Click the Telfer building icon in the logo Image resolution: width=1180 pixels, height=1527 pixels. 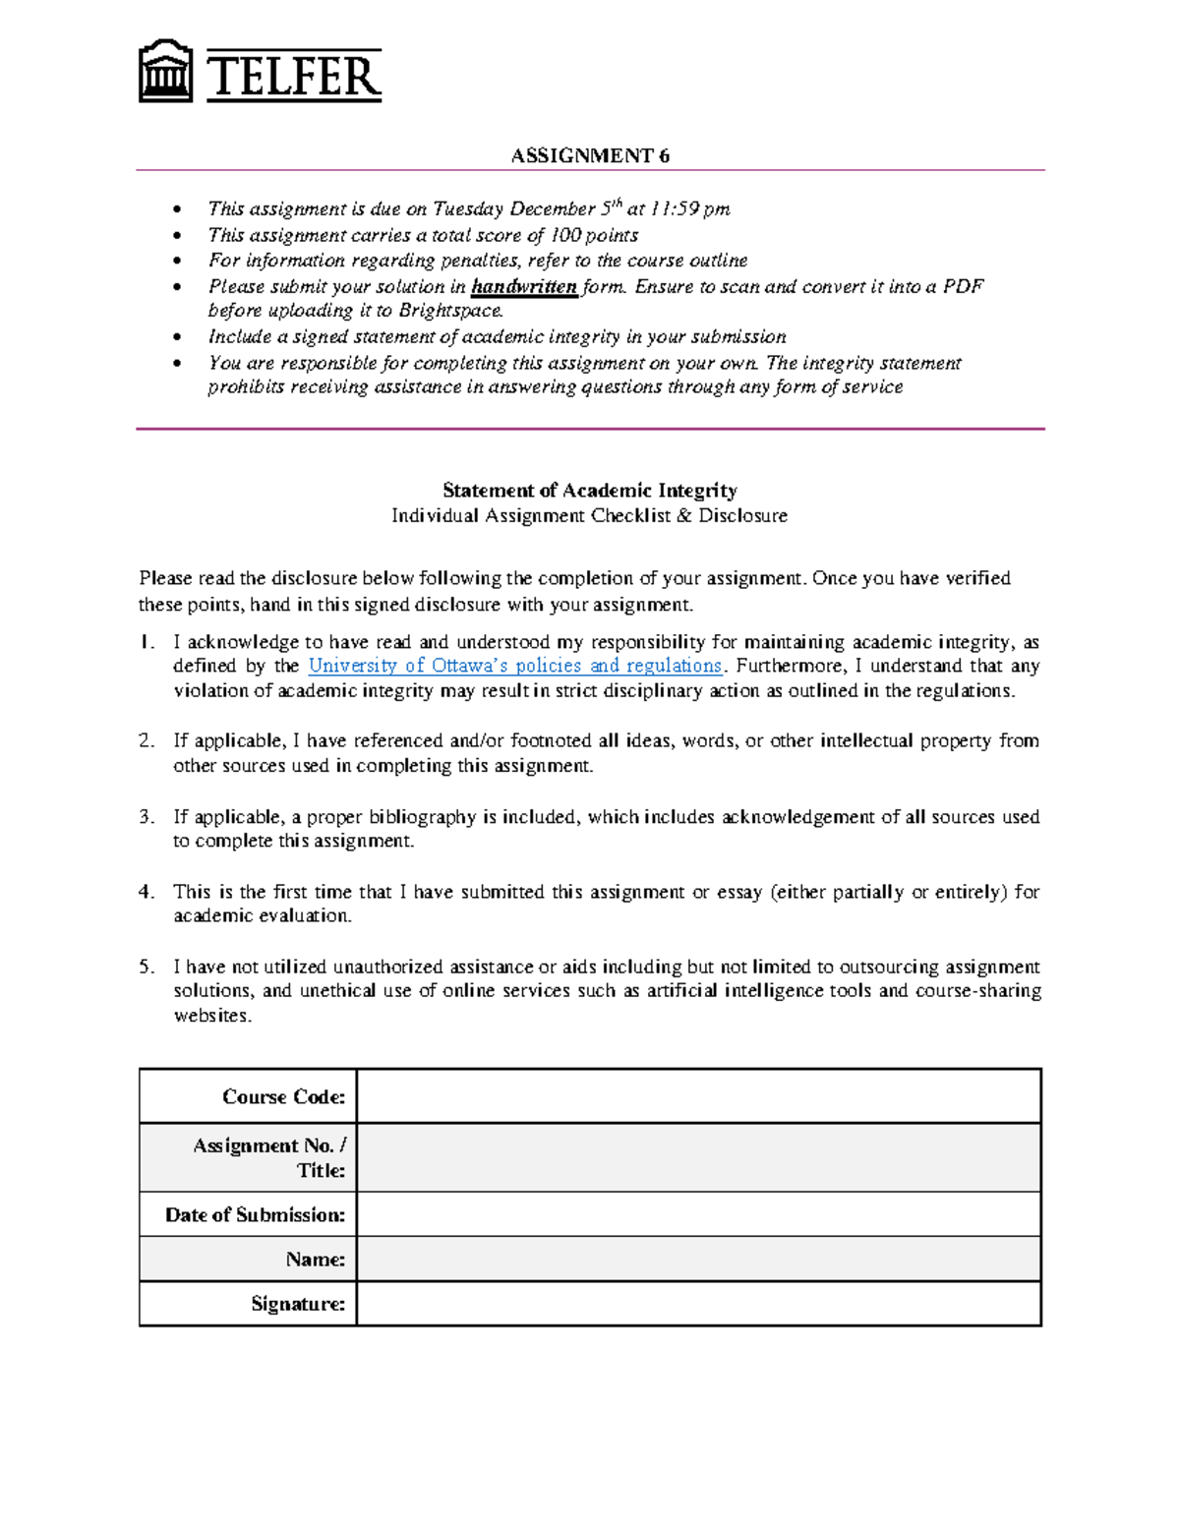point(164,72)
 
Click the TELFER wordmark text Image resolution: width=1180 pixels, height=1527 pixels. point(293,77)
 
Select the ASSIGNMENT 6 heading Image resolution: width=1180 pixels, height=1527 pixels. point(590,155)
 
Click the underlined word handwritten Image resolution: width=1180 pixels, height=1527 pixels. point(524,287)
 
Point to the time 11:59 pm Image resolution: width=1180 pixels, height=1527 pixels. point(690,209)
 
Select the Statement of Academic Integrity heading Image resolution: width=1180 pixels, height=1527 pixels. point(589,490)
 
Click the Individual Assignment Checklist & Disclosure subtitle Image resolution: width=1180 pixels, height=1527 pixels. point(589,516)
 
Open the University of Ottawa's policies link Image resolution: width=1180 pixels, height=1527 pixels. point(514,666)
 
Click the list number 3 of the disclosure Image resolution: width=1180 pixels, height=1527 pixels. point(146,817)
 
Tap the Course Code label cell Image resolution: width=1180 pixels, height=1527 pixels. point(283,1096)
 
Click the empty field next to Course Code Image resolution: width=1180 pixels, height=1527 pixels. point(698,1096)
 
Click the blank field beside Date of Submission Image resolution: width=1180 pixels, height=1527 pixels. point(698,1214)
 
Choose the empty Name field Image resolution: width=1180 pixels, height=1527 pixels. point(698,1259)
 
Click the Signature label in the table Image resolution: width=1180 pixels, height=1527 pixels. point(298,1304)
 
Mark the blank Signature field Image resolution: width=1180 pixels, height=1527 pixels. point(698,1304)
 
